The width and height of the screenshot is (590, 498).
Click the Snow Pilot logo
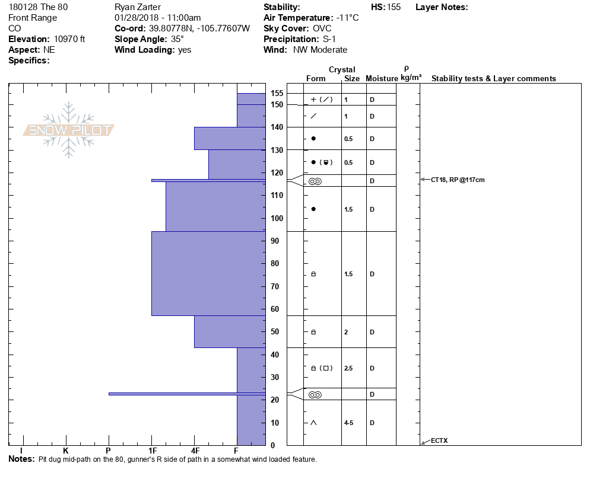point(68,130)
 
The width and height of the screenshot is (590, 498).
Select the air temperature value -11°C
point(347,18)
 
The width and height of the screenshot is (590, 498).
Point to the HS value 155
point(394,7)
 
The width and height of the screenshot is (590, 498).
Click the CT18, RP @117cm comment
point(458,180)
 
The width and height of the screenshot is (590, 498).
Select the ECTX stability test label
point(440,440)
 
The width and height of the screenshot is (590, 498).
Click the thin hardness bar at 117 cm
point(208,180)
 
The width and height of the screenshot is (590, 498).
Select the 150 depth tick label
point(277,105)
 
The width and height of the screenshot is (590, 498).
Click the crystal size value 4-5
point(350,423)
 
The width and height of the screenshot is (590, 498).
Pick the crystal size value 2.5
point(348,368)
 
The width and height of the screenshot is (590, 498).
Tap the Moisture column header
point(382,79)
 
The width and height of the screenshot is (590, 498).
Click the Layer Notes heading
point(442,7)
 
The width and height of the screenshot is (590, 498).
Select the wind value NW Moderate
point(320,50)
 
